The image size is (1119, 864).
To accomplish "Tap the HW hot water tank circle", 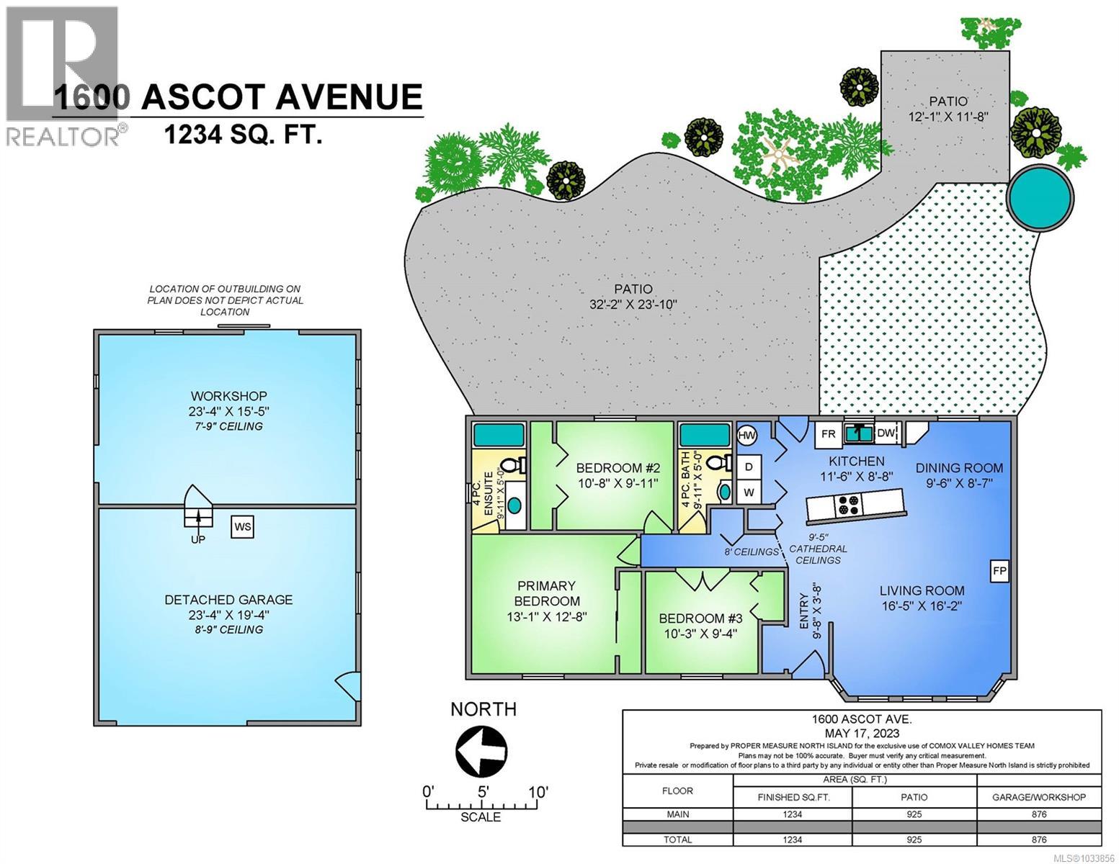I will (x=747, y=436).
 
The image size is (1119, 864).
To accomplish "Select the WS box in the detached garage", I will (x=243, y=527).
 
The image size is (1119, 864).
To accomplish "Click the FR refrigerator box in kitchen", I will (x=829, y=434).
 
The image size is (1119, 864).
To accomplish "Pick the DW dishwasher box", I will (x=886, y=433).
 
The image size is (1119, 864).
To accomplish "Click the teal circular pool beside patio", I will (x=1040, y=197).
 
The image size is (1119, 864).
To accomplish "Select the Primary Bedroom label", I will (x=546, y=593).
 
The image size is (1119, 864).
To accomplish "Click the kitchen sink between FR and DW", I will (x=857, y=433).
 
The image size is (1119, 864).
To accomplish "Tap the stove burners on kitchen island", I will (x=847, y=505).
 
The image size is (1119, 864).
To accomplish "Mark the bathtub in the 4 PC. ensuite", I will (x=498, y=436).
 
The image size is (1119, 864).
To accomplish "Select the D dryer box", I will (x=749, y=467).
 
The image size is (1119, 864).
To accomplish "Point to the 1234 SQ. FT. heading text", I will (x=243, y=134).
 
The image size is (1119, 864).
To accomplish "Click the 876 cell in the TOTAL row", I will (x=1038, y=839).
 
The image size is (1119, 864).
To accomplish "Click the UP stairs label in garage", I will (x=197, y=539).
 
